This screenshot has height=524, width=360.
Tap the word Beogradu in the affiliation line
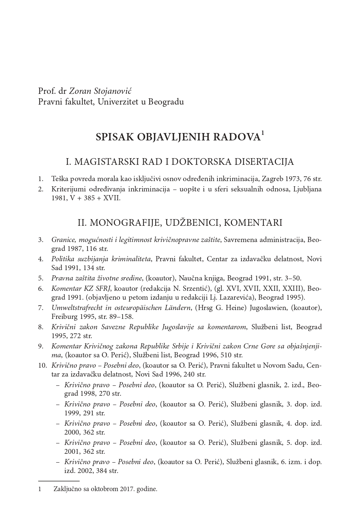(x=166, y=101)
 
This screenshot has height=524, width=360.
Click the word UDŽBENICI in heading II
(x=193, y=223)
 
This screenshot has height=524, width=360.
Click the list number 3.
(x=40, y=240)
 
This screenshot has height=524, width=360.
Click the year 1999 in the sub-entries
(x=72, y=413)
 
